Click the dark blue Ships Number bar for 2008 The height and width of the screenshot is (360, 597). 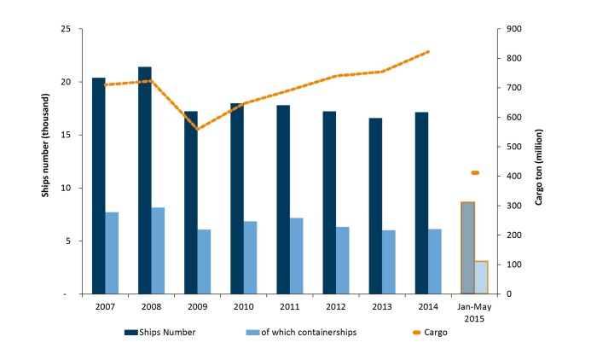pos(145,180)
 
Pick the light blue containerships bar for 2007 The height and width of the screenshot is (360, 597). pos(112,253)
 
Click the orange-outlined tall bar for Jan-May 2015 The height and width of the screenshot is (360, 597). pos(467,247)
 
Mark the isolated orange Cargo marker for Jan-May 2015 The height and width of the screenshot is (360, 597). pos(475,173)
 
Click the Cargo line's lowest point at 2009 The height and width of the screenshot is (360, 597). pos(198,129)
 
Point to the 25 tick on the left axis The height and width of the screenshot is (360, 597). pos(65,29)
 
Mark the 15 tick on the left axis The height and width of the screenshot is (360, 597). pos(65,135)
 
